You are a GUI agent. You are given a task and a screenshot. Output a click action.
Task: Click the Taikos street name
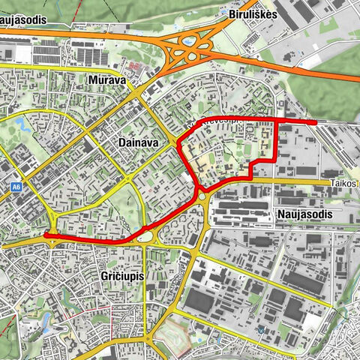click(x=343, y=182)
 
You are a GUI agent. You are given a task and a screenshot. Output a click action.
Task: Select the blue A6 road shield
click(x=16, y=187)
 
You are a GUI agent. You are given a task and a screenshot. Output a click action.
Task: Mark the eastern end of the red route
click(x=314, y=121)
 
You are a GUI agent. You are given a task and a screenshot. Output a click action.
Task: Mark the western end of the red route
click(x=46, y=235)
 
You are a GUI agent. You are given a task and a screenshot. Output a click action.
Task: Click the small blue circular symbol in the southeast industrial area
click(x=261, y=329)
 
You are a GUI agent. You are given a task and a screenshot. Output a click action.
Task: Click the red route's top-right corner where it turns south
click(x=278, y=119)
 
